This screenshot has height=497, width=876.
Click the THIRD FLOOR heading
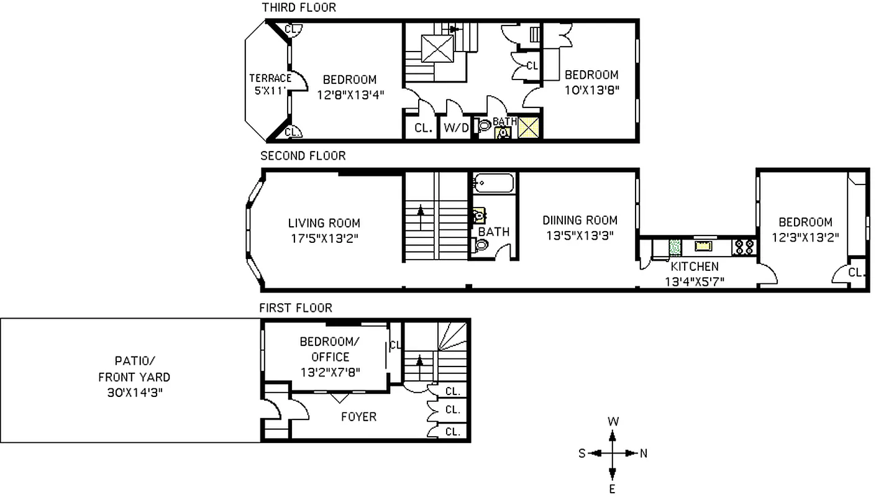pos(298,7)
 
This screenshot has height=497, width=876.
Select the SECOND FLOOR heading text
pos(303,155)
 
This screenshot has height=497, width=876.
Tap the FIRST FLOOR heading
pos(295,308)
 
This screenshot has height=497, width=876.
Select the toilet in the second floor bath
pos(481,245)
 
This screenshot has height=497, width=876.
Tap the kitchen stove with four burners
pos(744,247)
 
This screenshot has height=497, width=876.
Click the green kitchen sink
pos(675,247)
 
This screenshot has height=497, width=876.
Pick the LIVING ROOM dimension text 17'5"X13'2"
pos(324,237)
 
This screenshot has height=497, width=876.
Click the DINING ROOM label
pos(580,220)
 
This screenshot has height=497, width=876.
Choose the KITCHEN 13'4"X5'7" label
pos(694,273)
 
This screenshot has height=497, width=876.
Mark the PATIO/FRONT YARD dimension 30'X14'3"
pos(134,392)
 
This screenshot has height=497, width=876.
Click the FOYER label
pos(358,416)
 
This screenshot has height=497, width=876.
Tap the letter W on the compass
pos(613,421)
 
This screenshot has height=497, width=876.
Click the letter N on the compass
pos(643,454)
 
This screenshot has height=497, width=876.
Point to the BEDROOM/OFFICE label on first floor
pos(330,349)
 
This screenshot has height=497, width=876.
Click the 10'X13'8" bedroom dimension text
pos(591,89)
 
